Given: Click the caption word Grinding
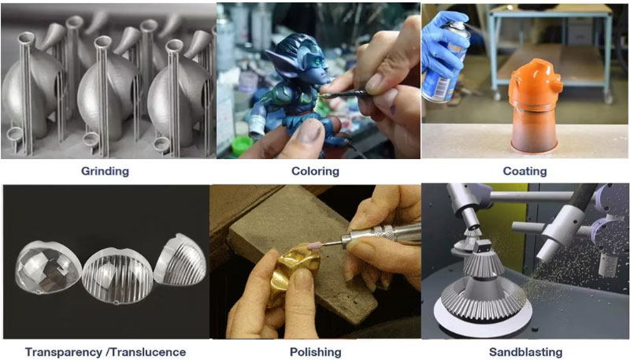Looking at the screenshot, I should pos(105,171).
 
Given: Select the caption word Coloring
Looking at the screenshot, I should pos(315,171).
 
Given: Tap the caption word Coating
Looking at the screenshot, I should pos(524,171).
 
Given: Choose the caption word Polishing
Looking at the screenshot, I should pos(315,352).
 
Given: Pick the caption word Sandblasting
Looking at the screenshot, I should pos(524,352).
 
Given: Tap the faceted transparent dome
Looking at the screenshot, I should pos(50,261).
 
